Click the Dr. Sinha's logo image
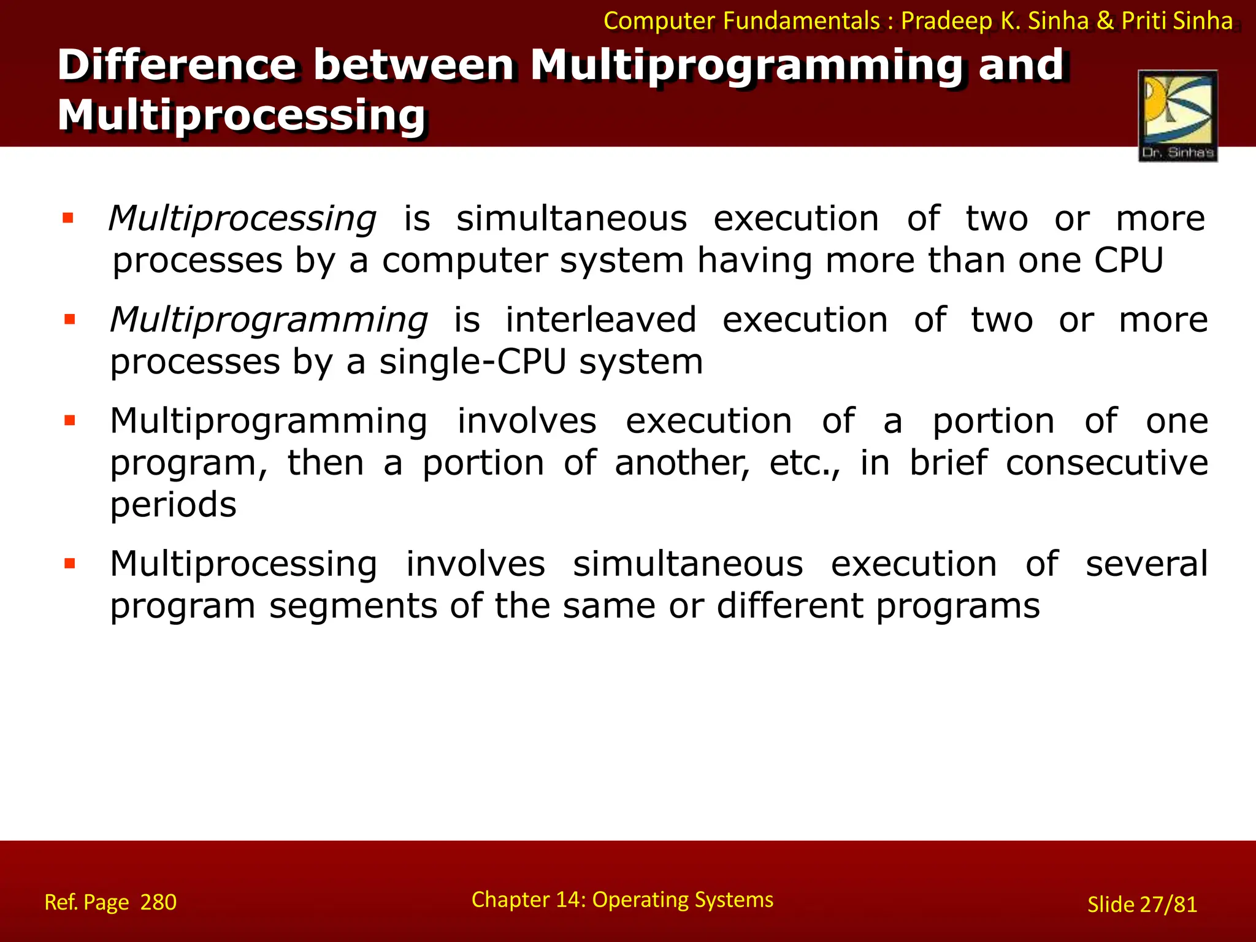coord(1177,115)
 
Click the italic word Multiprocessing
coord(242,219)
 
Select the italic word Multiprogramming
coord(269,321)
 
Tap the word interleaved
coord(600,320)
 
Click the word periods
coord(173,505)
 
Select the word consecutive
coord(1107,462)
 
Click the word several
coord(1146,564)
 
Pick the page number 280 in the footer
coord(158,902)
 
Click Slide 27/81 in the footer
coord(1142,905)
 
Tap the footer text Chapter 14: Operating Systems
coord(622,900)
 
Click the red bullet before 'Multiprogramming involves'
coord(70,421)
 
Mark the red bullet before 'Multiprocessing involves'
coord(70,564)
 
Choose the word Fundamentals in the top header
coord(802,21)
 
